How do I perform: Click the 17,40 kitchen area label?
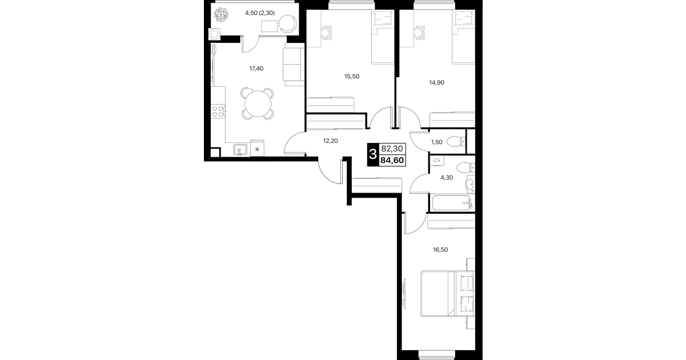(x=256, y=69)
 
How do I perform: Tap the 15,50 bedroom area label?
(x=352, y=77)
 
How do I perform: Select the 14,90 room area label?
(x=436, y=82)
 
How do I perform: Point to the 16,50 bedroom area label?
(x=440, y=250)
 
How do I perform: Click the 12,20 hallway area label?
(x=331, y=141)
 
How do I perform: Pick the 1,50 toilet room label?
(x=437, y=142)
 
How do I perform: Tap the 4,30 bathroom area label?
(x=447, y=177)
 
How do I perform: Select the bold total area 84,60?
(x=392, y=160)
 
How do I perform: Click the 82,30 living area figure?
(x=392, y=149)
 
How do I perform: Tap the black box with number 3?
(x=373, y=154)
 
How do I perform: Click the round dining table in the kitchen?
(x=258, y=103)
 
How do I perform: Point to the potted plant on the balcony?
(x=220, y=15)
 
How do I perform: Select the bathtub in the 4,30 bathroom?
(x=451, y=203)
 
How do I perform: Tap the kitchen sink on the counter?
(x=240, y=150)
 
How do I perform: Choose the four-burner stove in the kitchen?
(x=218, y=111)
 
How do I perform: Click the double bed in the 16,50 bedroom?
(x=447, y=294)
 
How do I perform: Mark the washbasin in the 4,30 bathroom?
(x=470, y=184)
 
